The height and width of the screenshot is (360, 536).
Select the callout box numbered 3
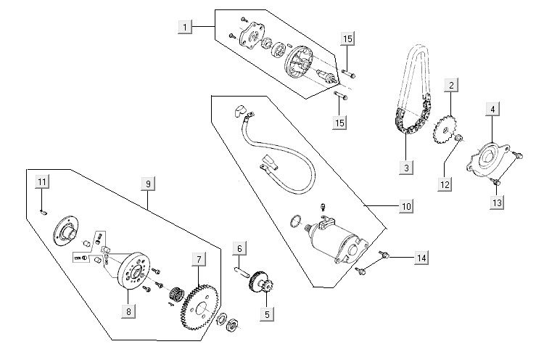pyautogui.click(x=408, y=168)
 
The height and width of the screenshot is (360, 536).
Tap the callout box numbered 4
pyautogui.click(x=492, y=110)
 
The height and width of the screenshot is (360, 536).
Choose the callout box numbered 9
pyautogui.click(x=148, y=184)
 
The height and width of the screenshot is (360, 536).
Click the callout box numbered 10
pyautogui.click(x=405, y=207)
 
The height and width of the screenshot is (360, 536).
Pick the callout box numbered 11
pyautogui.click(x=43, y=181)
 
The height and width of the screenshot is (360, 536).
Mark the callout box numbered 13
pyautogui.click(x=496, y=203)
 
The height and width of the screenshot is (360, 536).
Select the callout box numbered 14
pyautogui.click(x=420, y=258)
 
